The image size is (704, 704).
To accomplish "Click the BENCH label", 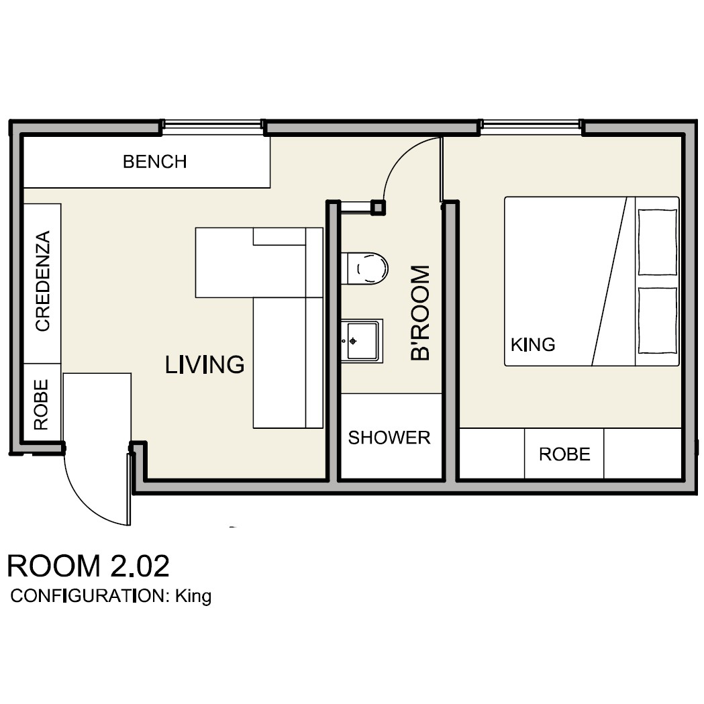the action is click(155, 162).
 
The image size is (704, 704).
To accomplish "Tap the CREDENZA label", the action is click(43, 281).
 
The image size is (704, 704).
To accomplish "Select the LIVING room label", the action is click(205, 364).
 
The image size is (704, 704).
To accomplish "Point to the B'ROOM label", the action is click(420, 313).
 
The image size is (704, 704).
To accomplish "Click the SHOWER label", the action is click(389, 438).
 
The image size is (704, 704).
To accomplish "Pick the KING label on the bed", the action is click(533, 345).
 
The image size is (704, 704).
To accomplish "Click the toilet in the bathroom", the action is click(364, 268).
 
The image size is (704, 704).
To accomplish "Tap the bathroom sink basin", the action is click(362, 341).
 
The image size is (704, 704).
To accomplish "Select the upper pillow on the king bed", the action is click(658, 242).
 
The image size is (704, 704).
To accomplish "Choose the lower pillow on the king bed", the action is click(658, 321).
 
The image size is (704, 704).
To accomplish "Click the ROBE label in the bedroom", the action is click(564, 454).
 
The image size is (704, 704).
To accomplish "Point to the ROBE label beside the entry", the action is click(42, 405).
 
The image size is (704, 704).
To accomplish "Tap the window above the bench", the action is click(212, 125).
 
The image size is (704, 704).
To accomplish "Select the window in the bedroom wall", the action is click(531, 125).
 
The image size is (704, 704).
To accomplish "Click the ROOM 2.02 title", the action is click(89, 566).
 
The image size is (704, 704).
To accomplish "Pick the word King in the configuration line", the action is click(193, 596).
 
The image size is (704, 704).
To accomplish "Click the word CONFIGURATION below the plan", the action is click(88, 596).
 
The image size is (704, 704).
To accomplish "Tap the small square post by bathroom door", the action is click(378, 207).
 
